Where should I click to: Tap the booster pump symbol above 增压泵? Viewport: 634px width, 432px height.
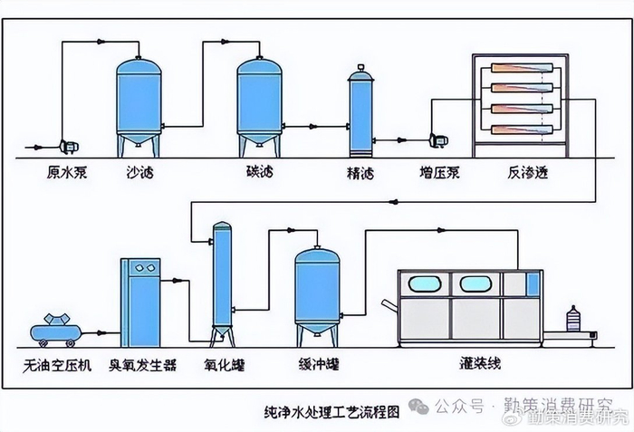pyautogui.click(x=439, y=139)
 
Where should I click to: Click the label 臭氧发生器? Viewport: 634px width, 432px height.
pyautogui.click(x=145, y=366)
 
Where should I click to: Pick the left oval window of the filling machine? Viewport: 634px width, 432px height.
pyautogui.click(x=427, y=284)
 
